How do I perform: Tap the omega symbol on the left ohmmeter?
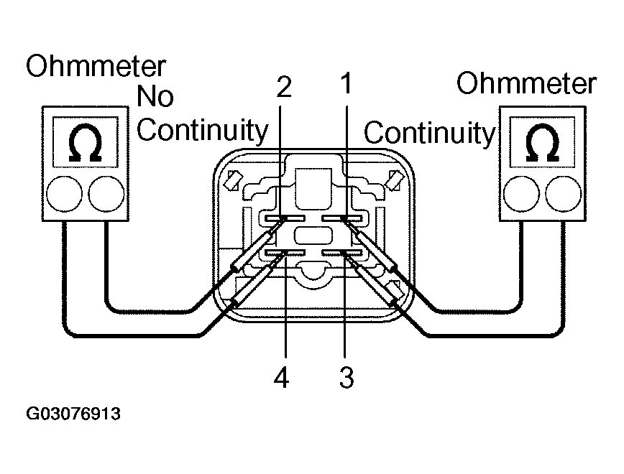[x=85, y=144]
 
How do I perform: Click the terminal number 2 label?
[x=284, y=87]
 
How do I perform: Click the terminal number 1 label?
[x=346, y=84]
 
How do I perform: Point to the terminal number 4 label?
[x=281, y=377]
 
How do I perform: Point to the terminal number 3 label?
[x=347, y=377]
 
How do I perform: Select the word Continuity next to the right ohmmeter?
[x=429, y=133]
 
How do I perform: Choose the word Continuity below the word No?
[x=202, y=130]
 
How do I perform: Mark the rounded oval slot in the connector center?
[x=313, y=236]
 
